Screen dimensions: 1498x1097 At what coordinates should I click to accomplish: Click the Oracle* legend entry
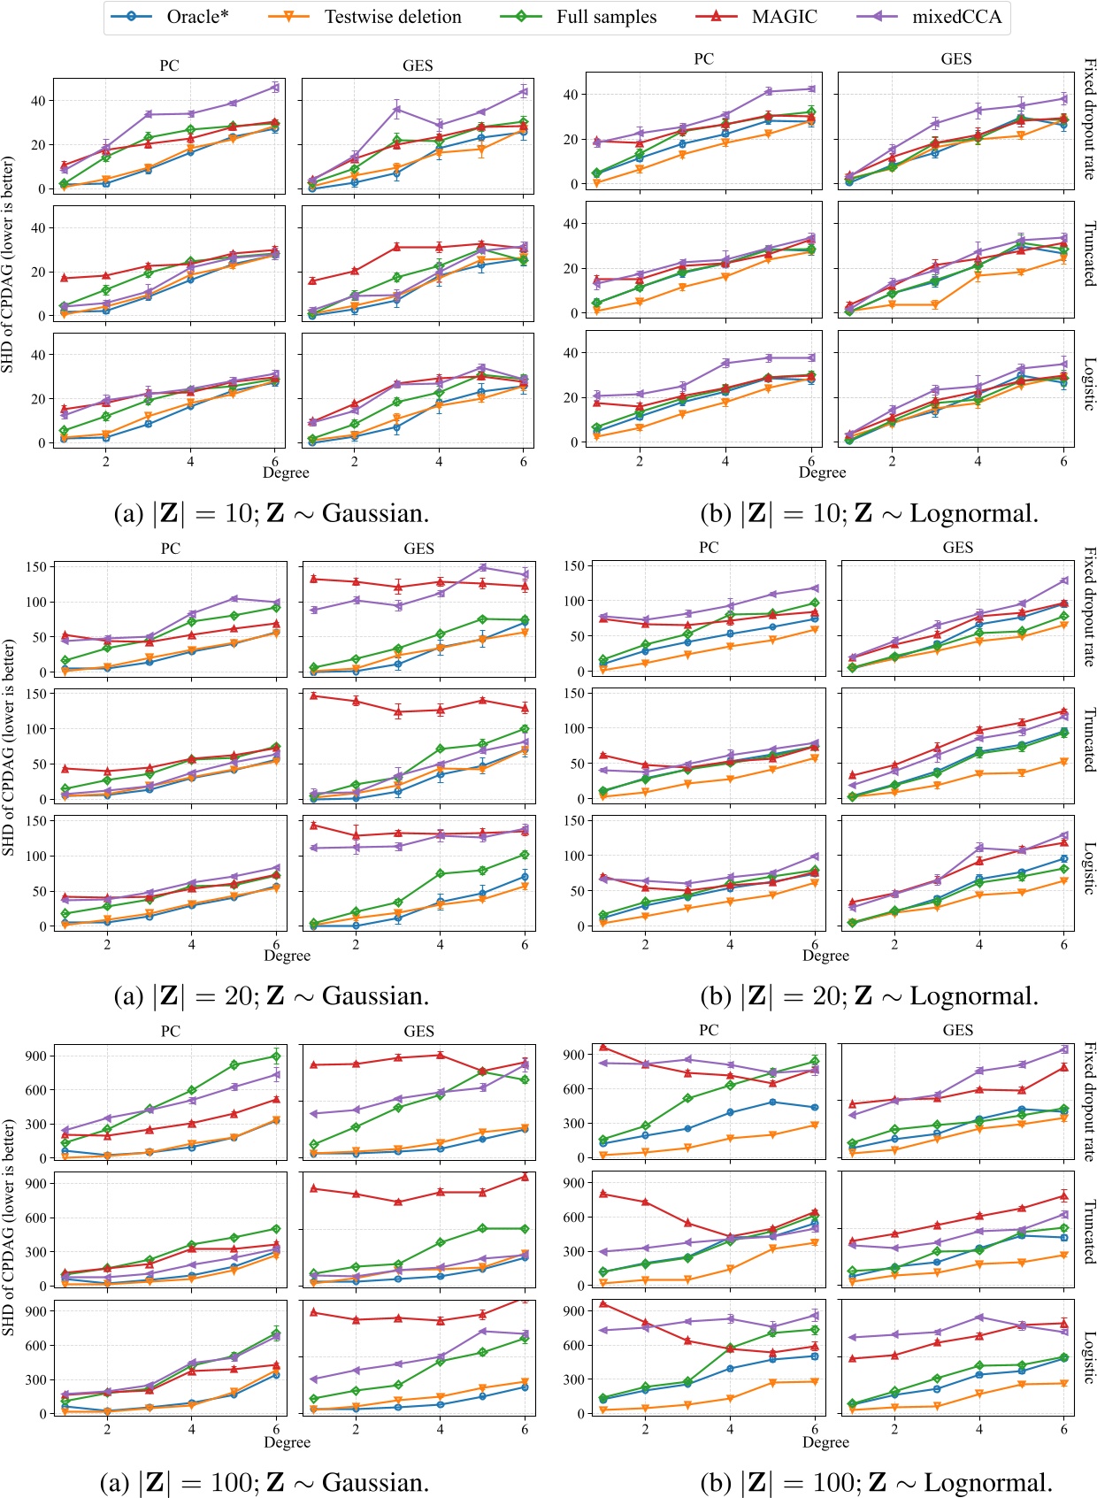click(x=196, y=17)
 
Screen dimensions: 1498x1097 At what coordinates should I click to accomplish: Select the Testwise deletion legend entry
click(x=392, y=17)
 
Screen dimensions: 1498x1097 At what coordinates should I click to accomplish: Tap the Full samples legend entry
click(x=606, y=17)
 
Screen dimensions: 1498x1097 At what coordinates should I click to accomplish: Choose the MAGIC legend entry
click(x=784, y=17)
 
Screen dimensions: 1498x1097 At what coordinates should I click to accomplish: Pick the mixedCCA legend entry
click(x=956, y=17)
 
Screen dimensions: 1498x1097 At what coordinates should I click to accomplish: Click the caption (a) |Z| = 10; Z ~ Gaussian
click(x=272, y=513)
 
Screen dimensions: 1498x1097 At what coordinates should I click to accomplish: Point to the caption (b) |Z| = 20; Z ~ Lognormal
click(x=869, y=996)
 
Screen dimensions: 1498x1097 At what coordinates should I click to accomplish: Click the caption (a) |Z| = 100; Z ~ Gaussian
click(x=272, y=1482)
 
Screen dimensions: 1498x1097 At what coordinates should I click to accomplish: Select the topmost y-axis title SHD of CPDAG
click(x=8, y=264)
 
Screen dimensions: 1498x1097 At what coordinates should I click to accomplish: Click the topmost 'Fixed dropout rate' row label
click(x=1089, y=119)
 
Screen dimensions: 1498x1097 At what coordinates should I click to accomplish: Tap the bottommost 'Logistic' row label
click(x=1089, y=1357)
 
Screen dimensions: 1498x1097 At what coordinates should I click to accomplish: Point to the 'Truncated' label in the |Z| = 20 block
click(x=1089, y=740)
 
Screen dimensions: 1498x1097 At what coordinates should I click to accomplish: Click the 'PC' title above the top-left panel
click(x=169, y=65)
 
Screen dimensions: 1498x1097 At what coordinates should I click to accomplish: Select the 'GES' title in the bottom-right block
click(x=957, y=1030)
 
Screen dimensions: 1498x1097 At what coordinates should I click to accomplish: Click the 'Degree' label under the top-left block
click(x=286, y=472)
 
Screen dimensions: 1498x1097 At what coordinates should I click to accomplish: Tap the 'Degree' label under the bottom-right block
click(x=825, y=1442)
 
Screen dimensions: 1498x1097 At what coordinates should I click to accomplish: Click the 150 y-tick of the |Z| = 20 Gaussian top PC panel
click(x=35, y=566)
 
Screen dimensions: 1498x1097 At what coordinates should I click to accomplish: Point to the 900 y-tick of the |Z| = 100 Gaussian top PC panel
click(x=35, y=1056)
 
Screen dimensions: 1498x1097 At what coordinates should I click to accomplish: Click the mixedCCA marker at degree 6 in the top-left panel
click(x=275, y=87)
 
